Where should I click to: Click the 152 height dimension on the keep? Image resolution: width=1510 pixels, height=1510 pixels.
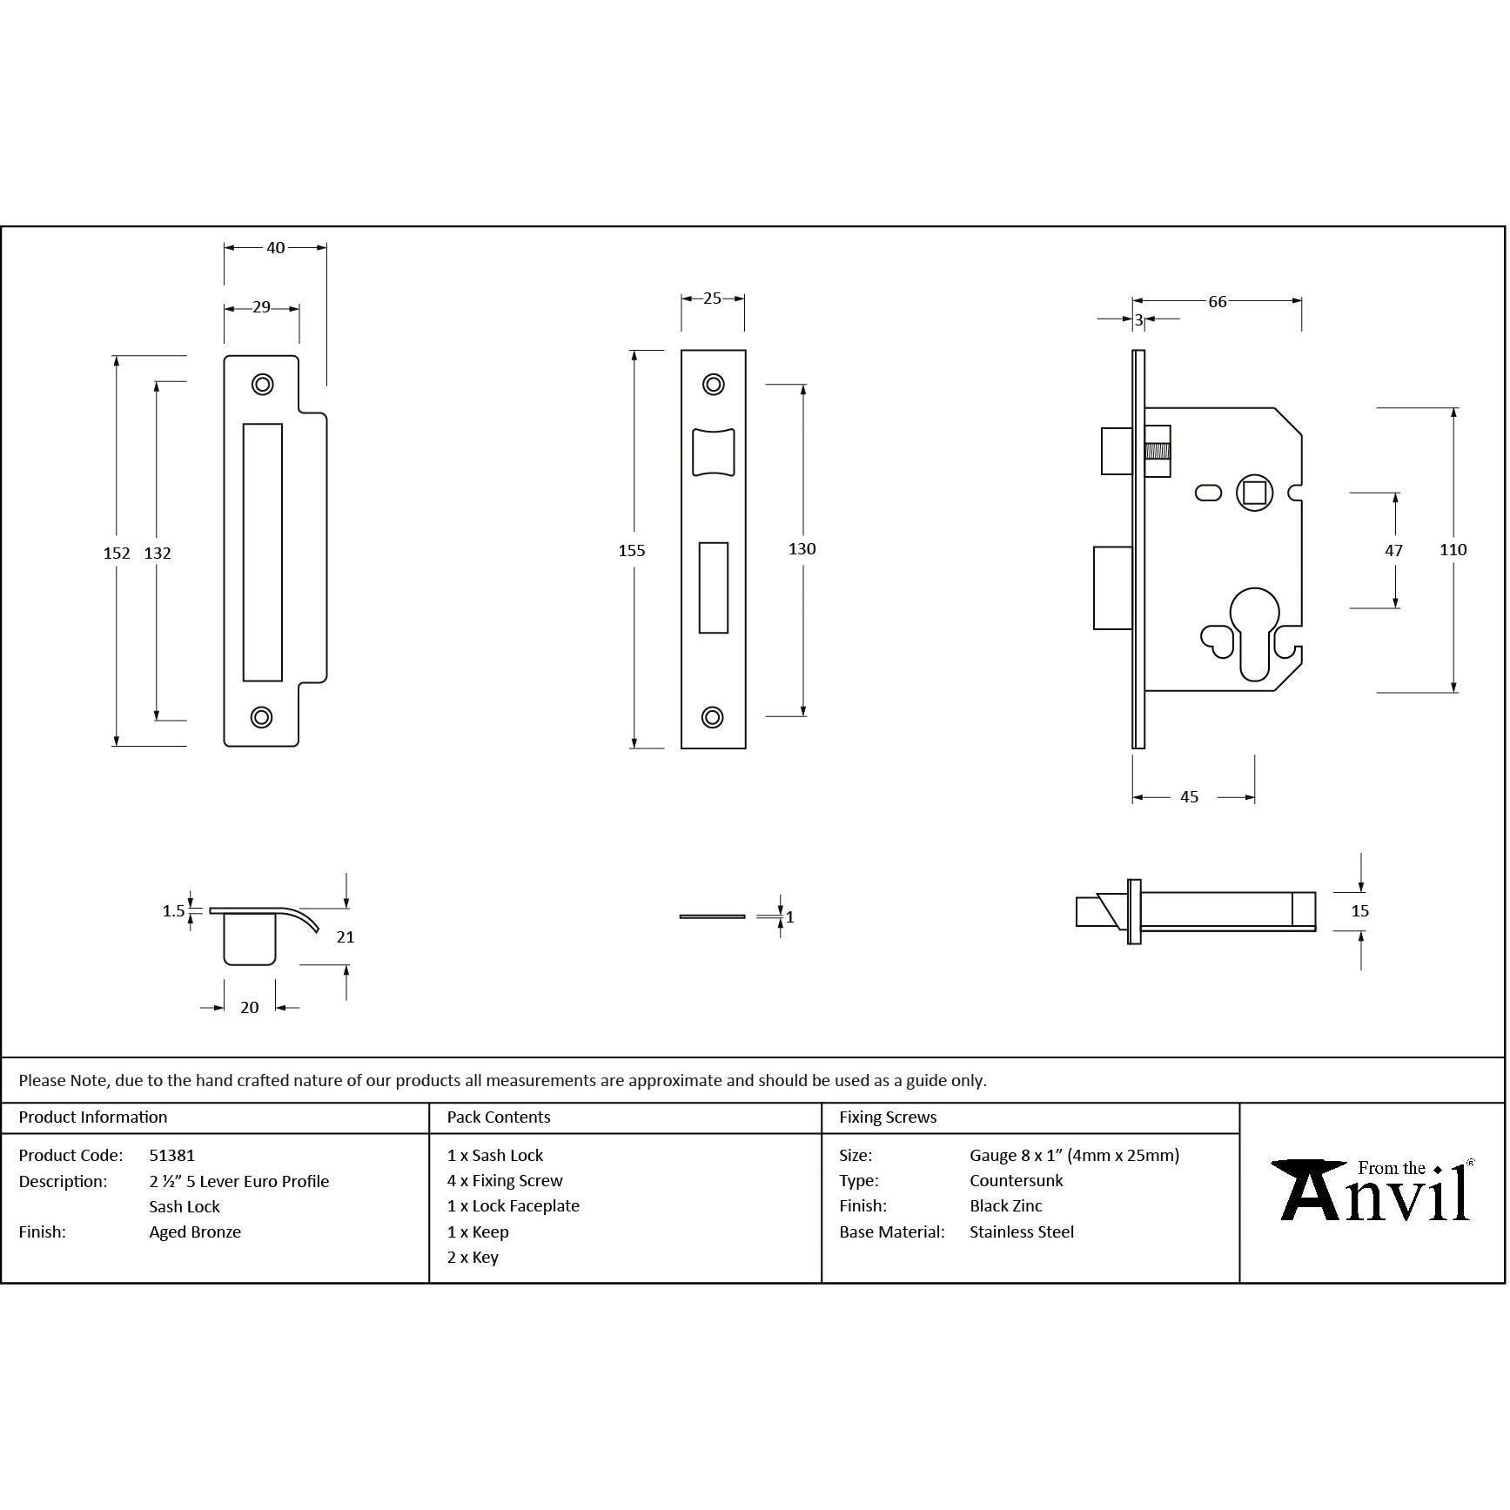tap(116, 553)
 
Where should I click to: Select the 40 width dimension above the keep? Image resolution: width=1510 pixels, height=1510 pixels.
tap(275, 248)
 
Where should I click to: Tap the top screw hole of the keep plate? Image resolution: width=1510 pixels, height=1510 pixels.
tap(262, 384)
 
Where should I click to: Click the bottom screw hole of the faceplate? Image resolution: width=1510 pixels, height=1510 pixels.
tap(713, 717)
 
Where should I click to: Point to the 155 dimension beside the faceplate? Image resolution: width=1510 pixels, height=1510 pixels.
tap(632, 550)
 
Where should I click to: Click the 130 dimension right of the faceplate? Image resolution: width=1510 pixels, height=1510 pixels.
tap(802, 549)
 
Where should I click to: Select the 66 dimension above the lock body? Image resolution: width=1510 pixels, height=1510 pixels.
tap(1217, 302)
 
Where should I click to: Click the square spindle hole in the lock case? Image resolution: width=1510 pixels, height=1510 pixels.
tap(1254, 493)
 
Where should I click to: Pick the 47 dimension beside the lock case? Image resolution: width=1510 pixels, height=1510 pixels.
tap(1393, 550)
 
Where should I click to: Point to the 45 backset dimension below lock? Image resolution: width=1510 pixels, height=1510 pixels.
tap(1189, 797)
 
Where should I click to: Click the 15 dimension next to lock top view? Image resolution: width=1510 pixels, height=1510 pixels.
tap(1360, 911)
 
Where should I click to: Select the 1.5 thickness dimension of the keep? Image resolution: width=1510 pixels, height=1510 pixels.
tap(173, 911)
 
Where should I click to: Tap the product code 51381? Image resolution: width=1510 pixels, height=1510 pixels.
tap(171, 1156)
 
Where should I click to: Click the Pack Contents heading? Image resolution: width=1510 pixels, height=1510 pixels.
tap(499, 1117)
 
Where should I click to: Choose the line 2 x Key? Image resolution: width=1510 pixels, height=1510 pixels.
tap(473, 1258)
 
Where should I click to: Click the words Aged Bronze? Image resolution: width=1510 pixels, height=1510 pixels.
tap(195, 1232)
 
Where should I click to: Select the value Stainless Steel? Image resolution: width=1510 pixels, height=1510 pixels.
tap(1022, 1232)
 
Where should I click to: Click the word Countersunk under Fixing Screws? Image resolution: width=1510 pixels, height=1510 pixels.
tap(1016, 1181)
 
